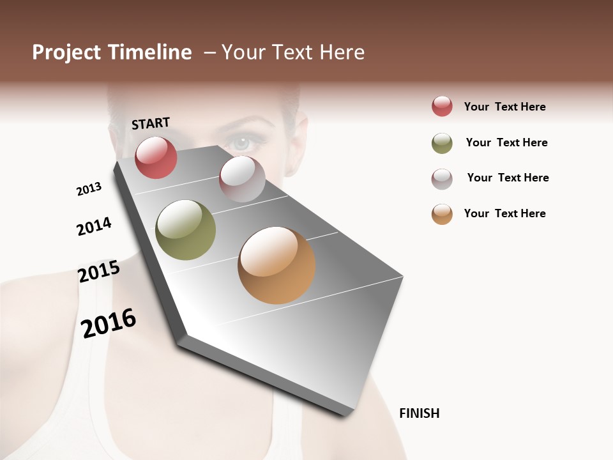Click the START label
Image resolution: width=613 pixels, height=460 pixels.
(x=151, y=123)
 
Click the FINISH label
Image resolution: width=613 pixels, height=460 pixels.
(x=419, y=413)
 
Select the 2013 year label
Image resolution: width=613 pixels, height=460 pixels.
(x=89, y=189)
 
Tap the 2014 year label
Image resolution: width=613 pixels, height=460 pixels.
(x=94, y=226)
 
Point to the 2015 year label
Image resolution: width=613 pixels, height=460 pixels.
(x=99, y=272)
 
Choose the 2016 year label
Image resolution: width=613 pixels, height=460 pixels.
(x=109, y=323)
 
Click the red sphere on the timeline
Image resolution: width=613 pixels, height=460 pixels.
(x=156, y=157)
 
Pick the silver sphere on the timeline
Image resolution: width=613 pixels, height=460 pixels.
(x=242, y=179)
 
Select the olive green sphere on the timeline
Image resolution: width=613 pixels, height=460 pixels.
(x=185, y=230)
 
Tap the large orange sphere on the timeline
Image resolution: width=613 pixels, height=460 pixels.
(x=276, y=265)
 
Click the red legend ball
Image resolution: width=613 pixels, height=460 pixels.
(x=442, y=106)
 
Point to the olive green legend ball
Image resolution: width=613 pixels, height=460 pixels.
(x=442, y=143)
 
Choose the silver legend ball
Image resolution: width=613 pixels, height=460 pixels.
(x=442, y=179)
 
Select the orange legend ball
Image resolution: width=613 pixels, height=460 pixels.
(x=442, y=214)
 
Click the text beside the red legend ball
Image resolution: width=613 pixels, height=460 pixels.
(x=504, y=107)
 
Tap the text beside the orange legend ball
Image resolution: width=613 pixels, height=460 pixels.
(x=504, y=213)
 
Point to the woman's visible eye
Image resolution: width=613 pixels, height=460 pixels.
(x=242, y=142)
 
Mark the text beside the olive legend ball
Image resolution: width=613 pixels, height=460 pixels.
(x=506, y=142)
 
